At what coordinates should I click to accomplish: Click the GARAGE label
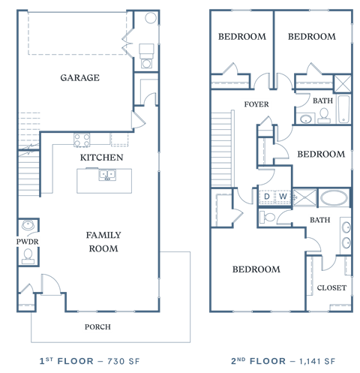pos(80,77)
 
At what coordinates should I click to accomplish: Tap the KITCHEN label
pos(102,158)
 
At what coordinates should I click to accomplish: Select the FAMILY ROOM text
pos(103,242)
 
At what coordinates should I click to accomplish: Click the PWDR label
pos(27,242)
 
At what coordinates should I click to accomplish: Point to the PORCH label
pos(97,326)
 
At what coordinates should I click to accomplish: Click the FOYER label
pos(256,104)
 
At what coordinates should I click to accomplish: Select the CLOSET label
pos(331,287)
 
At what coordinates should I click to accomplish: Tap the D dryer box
pos(267,197)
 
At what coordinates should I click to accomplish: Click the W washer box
pos(283,197)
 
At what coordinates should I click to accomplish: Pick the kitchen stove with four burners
pos(82,140)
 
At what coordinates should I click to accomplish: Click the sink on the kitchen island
pos(107,176)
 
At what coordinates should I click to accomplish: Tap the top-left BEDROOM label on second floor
pos(241,36)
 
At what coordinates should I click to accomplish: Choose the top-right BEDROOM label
pos(311,36)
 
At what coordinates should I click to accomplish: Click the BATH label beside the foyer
pos(322,101)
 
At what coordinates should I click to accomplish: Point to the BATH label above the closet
pos(319,220)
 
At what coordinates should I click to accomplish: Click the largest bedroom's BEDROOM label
pos(256,269)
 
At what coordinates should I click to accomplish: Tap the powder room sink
pos(28,224)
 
